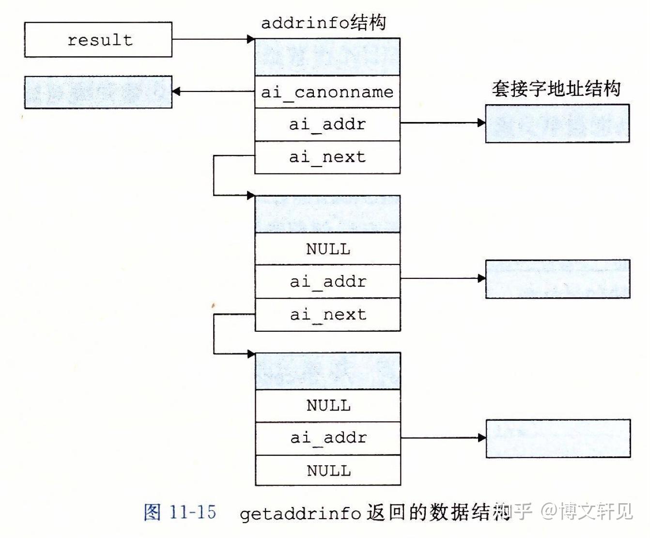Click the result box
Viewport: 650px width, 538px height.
[x=98, y=40]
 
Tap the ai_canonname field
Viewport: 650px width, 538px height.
[x=327, y=92]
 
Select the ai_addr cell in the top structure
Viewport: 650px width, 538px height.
[x=327, y=124]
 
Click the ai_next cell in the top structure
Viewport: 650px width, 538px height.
[x=327, y=157]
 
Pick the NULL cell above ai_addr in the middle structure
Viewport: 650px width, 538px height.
[x=328, y=249]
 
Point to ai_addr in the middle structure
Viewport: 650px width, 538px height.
[x=328, y=281]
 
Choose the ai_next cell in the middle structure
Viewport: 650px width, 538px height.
[x=328, y=315]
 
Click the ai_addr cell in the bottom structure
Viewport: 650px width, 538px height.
[x=328, y=438]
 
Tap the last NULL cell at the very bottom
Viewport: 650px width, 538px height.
[x=328, y=470]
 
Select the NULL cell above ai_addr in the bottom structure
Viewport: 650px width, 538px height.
[x=328, y=405]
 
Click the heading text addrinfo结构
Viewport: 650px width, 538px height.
[x=324, y=23]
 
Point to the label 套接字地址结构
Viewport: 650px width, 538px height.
[x=556, y=89]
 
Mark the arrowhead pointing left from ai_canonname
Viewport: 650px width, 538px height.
[x=176, y=92]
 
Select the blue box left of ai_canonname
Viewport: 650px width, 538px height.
[x=98, y=92]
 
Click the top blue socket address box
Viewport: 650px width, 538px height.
[x=557, y=123]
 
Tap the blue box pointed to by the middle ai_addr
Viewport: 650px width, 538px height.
[x=557, y=279]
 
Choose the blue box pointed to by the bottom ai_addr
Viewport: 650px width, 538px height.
[x=558, y=438]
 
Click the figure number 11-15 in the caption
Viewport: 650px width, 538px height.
[x=193, y=512]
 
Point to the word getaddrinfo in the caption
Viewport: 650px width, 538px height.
[x=300, y=513]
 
